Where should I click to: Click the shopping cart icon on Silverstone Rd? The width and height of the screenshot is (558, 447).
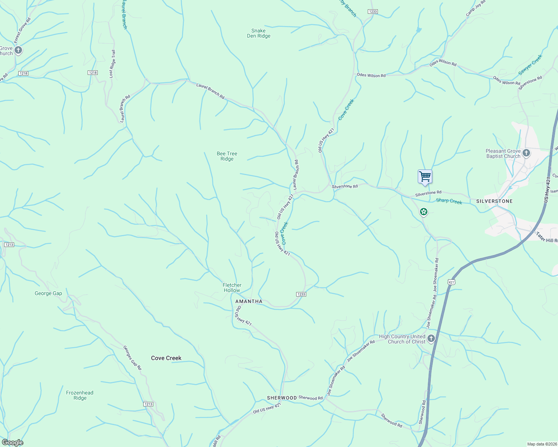425,177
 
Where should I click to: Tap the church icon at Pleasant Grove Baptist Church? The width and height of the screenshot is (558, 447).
526,153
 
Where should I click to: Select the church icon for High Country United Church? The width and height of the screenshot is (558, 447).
431,339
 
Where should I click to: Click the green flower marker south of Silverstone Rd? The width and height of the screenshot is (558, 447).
423,212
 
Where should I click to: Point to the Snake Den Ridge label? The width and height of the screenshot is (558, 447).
258,34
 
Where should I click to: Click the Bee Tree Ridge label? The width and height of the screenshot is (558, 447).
227,156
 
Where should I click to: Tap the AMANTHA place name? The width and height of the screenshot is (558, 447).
249,301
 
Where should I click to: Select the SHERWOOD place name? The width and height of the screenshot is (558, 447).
282,398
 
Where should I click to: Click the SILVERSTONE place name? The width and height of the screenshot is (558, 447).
494,201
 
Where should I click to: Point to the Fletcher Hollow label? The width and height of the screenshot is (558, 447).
232,288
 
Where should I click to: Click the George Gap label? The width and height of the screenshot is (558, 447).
48,294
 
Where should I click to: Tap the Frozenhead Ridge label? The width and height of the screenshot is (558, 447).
80,395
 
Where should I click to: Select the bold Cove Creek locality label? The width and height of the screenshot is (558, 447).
166,358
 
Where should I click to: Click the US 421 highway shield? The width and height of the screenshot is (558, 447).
451,282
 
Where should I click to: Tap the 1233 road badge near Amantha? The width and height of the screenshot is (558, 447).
301,294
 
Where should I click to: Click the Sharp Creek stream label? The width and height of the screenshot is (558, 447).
449,202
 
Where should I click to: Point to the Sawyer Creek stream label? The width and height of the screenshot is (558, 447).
530,65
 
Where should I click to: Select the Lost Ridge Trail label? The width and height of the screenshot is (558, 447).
112,64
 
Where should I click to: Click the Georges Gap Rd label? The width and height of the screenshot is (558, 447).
132,358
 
